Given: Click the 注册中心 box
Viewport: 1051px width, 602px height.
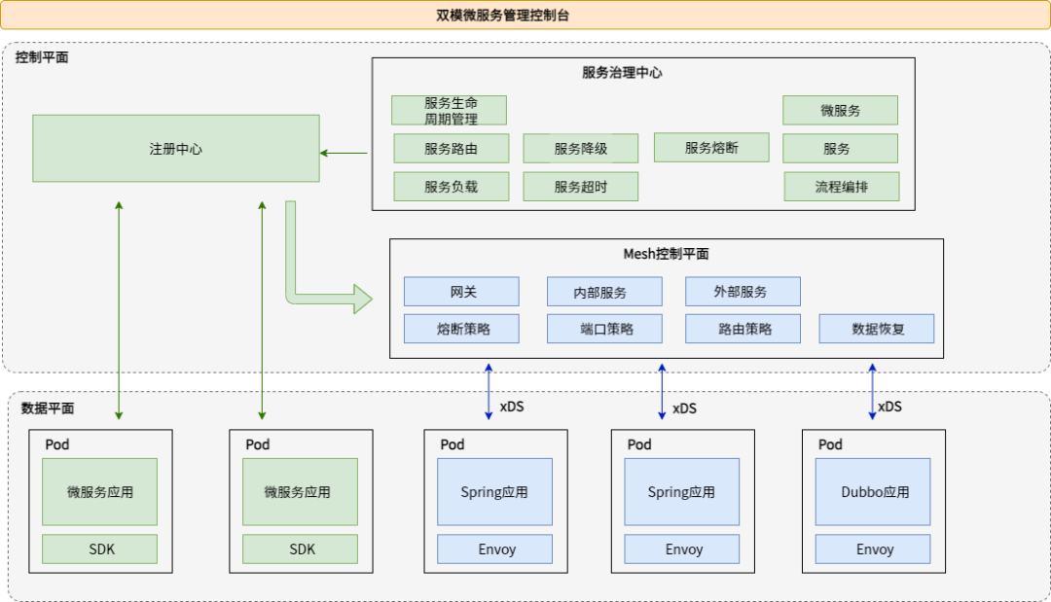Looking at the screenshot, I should pos(176,149).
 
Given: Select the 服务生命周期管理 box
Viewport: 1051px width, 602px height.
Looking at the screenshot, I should pos(450,110).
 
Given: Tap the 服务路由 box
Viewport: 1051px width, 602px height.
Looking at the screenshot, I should pos(451,149).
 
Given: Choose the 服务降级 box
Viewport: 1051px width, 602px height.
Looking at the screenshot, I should pos(580,149).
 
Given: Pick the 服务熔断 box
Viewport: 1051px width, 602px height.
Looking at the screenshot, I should pos(710,148).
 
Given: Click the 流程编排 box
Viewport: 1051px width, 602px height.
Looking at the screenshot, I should pos(841,187).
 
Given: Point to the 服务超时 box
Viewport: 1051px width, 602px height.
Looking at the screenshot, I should pos(580,187).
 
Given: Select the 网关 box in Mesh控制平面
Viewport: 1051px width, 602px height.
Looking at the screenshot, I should pos(462,292).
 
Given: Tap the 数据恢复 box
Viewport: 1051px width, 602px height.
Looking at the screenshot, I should pos(877,329).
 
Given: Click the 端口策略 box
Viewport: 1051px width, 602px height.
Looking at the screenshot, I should pos(604,329).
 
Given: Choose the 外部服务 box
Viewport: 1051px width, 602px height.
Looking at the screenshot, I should pos(743,292).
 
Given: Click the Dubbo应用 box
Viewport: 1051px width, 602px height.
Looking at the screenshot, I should pos(874,492).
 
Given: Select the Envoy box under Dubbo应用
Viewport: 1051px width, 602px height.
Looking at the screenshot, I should pos(874,549).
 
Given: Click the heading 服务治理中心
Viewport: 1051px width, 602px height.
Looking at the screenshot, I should pos(622,73).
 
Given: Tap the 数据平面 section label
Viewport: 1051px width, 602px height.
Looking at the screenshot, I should pos(48,408).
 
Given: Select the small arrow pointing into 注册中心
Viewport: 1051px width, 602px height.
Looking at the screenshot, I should pos(344,153).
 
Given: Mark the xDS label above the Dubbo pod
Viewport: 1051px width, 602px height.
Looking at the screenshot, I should pos(888,407).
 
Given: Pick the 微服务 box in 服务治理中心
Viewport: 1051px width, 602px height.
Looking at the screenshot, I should pos(840,110).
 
